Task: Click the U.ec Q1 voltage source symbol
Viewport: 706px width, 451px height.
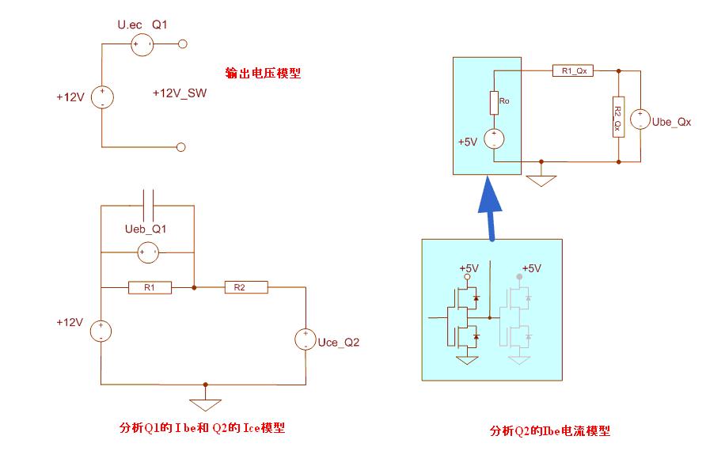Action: pos(142,45)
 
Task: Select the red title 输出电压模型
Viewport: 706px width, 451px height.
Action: pos(263,74)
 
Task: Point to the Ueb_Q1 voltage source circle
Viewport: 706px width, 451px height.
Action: pos(147,253)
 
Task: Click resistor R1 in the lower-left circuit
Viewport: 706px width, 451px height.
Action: pos(150,288)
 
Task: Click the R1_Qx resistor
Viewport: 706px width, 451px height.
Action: pos(573,71)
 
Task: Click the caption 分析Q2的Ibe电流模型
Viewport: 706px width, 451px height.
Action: pos(549,431)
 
